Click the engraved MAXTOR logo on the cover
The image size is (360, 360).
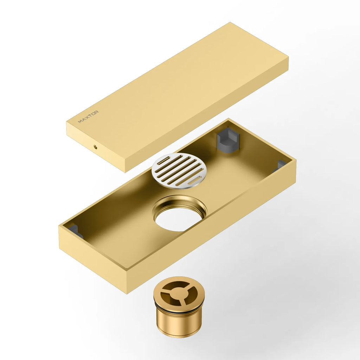click(88, 117)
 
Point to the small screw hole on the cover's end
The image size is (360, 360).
click(95, 146)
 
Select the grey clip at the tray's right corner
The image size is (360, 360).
click(281, 165)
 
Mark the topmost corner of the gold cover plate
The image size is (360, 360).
click(230, 23)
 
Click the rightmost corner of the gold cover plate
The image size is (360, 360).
click(288, 58)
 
